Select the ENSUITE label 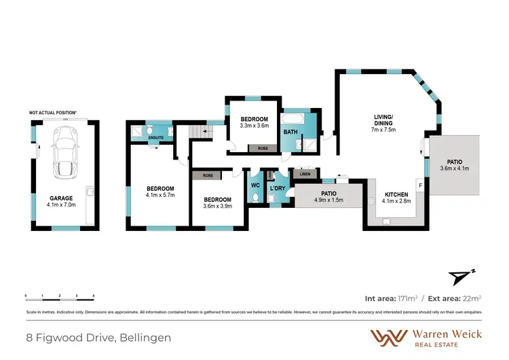[x=157, y=137]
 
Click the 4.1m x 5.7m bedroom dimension [x=160, y=195]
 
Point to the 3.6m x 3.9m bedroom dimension [x=219, y=206]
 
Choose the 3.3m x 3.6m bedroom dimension [x=254, y=125]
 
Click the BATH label [x=290, y=132]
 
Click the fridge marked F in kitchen [x=420, y=185]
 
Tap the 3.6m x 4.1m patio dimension [x=455, y=168]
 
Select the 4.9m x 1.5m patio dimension [x=328, y=200]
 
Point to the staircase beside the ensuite [x=197, y=132]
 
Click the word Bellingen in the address [x=146, y=338]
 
